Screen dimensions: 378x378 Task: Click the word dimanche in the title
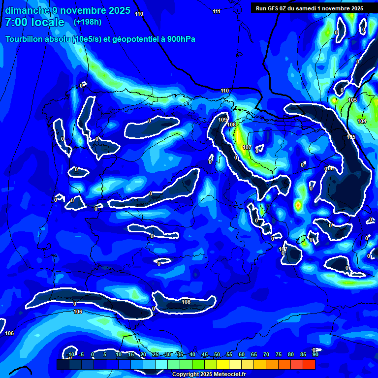coord(28,10)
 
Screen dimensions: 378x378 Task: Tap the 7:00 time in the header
coord(16,22)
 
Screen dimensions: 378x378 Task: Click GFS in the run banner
coord(274,8)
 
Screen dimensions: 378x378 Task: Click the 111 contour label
coord(217,11)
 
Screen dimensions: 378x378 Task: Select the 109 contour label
coord(222,120)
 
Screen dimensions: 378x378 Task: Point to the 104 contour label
coord(362,121)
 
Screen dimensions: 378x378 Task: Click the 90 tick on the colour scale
coord(315,355)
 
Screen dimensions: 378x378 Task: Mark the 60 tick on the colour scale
coord(241,355)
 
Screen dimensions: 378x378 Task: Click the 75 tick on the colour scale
coord(278,355)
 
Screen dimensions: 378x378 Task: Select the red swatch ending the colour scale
coord(309,364)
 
